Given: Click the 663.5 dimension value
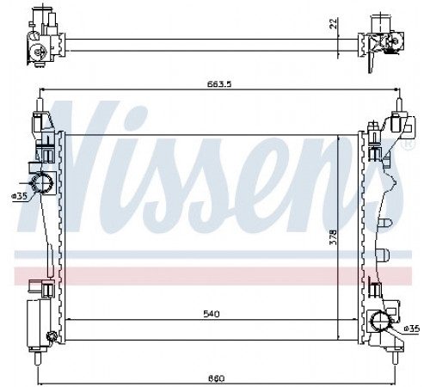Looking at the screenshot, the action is pyautogui.click(x=219, y=84).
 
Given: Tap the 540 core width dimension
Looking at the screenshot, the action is pyautogui.click(x=212, y=314).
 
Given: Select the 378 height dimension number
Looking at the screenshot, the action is pyautogui.click(x=333, y=237).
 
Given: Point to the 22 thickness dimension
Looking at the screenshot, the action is pyautogui.click(x=333, y=23).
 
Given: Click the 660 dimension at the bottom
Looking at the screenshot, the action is pyautogui.click(x=216, y=378).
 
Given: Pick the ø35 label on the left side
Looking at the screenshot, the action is pyautogui.click(x=19, y=196).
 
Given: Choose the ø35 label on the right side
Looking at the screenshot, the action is pyautogui.click(x=411, y=329).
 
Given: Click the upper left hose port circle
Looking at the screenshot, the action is pyautogui.click(x=42, y=182).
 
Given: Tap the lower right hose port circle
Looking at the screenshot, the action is pyautogui.click(x=380, y=322).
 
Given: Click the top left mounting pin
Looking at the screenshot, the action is pyautogui.click(x=40, y=106).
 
